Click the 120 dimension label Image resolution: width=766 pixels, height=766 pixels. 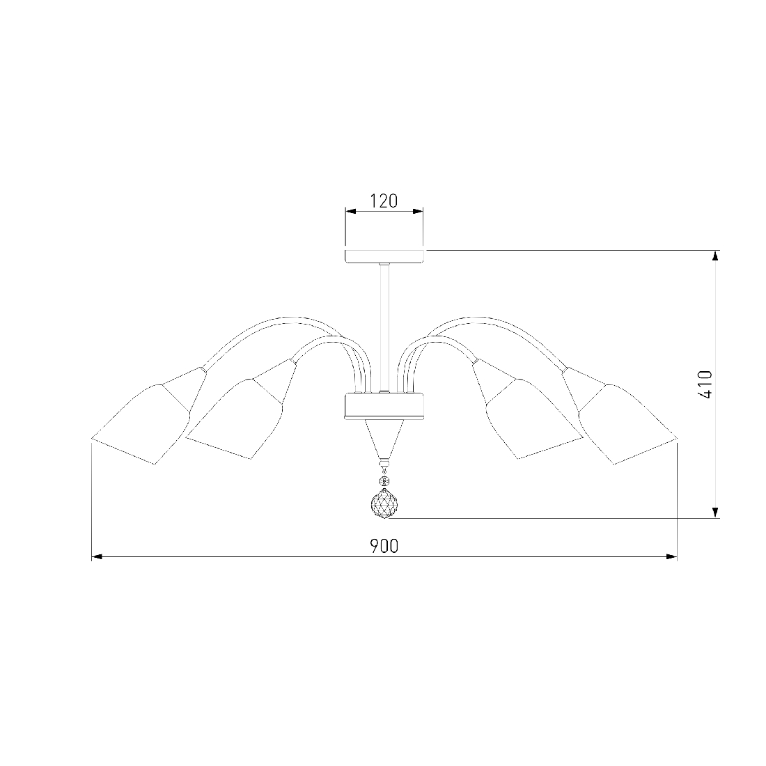(x=384, y=201)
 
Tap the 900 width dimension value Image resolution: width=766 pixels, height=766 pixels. (x=384, y=546)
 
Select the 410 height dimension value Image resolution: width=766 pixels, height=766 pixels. (x=705, y=384)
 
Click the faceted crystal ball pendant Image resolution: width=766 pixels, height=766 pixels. (x=384, y=504)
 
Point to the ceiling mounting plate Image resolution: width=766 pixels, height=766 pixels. (x=384, y=256)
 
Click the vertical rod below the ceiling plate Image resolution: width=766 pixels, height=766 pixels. (x=384, y=327)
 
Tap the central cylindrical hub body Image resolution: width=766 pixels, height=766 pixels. (x=384, y=406)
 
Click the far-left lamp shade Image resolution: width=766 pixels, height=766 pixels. (x=141, y=424)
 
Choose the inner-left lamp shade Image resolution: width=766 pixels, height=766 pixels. (x=235, y=419)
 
